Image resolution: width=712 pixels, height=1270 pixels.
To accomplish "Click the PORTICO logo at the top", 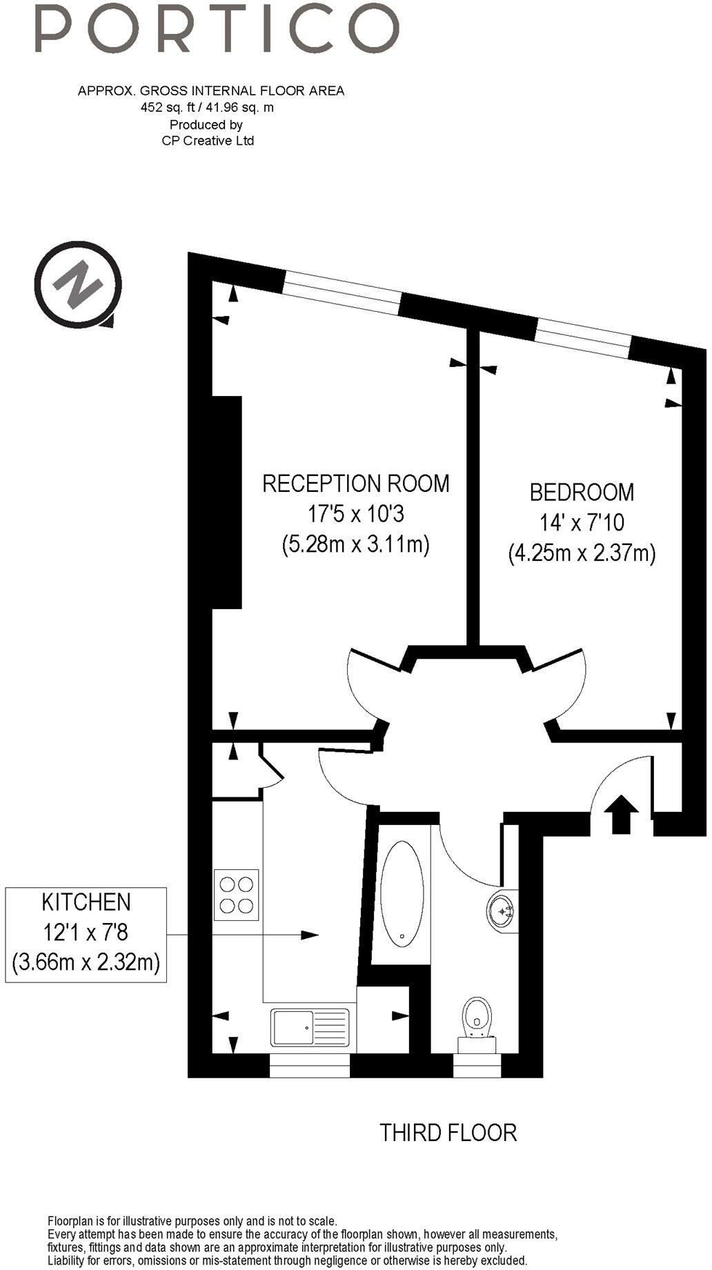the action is point(217,29).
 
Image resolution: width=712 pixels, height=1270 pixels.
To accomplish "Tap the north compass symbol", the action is point(78,284).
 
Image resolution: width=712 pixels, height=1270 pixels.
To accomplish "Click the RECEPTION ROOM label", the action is point(356,483).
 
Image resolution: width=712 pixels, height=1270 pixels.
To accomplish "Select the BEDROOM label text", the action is point(582,492).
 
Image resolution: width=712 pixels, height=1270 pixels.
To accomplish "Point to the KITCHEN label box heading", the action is point(86,902).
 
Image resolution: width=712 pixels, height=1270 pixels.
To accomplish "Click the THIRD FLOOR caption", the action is point(448,1132).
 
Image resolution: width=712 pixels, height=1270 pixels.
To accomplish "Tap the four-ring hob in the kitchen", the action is point(237,895).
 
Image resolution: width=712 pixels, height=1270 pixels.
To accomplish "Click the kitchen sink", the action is point(310,1027).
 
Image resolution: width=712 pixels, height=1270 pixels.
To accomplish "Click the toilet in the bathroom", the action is point(477,1022).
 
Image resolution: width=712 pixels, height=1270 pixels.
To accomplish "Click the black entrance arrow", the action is point(622,815).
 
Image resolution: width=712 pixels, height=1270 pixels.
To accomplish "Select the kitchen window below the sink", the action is point(310,1065).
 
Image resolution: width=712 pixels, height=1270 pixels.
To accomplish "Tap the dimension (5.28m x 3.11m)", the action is point(356,545).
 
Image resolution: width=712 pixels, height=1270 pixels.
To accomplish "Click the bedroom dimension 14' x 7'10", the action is point(582,522).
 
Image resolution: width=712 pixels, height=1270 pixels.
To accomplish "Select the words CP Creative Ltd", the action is point(208,141).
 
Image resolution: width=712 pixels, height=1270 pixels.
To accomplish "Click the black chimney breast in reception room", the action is point(227,502).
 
